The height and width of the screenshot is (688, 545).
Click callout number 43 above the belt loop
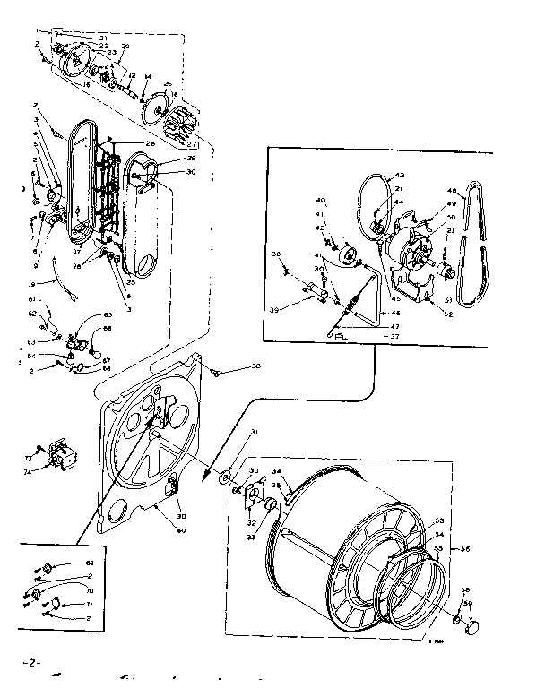(399, 175)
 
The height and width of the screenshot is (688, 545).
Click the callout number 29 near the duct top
(191, 159)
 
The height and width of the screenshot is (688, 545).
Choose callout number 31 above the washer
(255, 433)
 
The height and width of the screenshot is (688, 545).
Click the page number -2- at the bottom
(30, 663)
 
